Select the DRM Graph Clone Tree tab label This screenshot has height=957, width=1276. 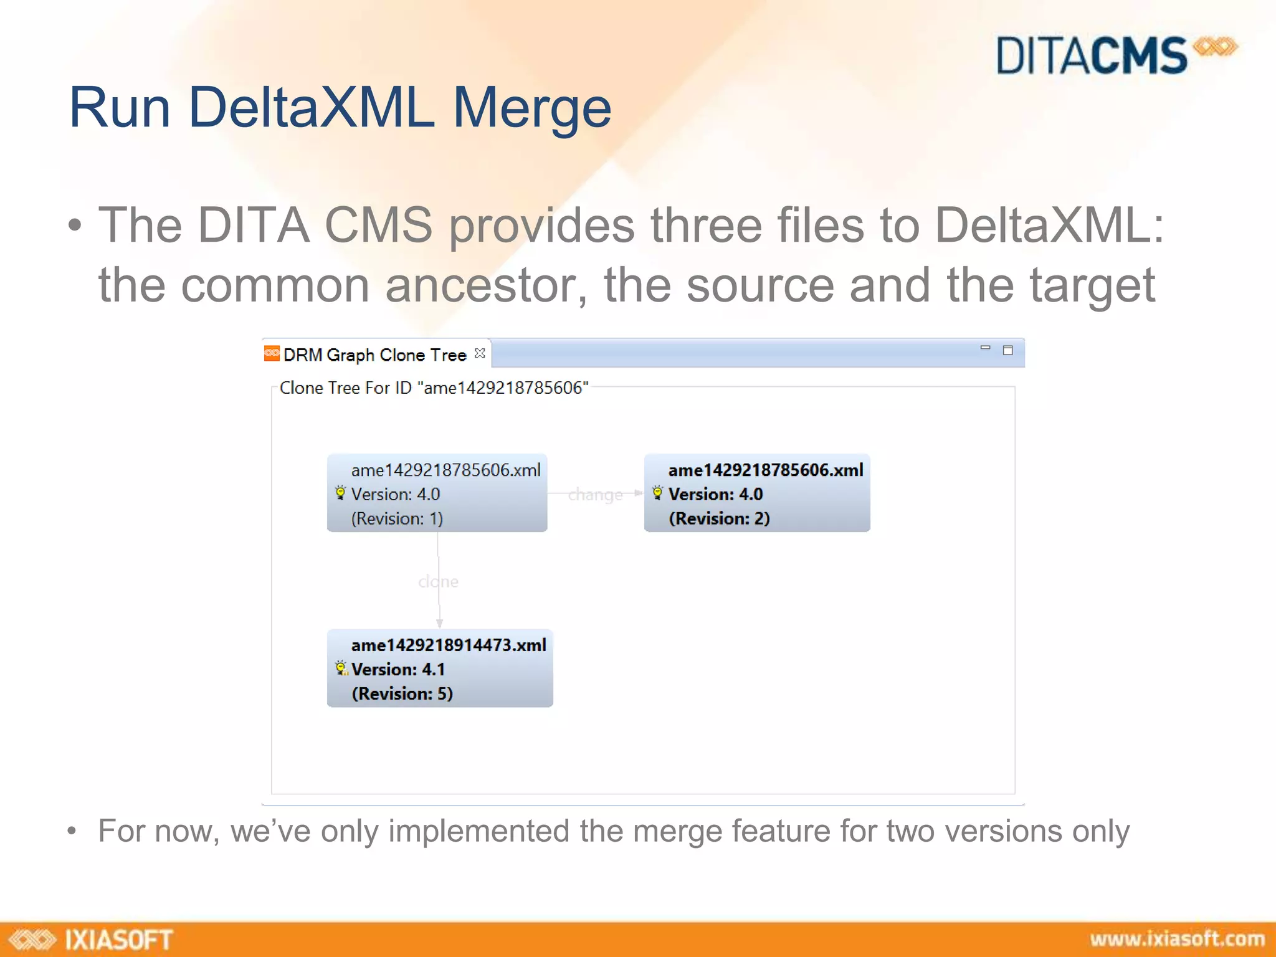tap(374, 355)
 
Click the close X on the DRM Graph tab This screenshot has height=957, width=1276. tap(480, 353)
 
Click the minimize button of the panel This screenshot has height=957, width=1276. tap(985, 348)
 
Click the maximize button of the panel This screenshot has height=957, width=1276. tap(1007, 351)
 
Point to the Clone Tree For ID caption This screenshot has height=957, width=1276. tap(434, 388)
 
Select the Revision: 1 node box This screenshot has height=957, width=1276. tap(437, 493)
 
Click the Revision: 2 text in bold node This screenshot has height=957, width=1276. tap(719, 518)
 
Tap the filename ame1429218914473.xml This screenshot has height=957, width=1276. tap(449, 645)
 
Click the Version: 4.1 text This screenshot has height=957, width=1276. tap(398, 669)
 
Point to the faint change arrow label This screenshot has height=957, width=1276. tap(595, 495)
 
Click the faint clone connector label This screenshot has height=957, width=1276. tap(438, 581)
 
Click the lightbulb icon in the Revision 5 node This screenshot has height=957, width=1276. tap(341, 669)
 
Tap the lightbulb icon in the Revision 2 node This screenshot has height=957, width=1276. tap(657, 493)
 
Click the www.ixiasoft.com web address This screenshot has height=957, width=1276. tap(1177, 939)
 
